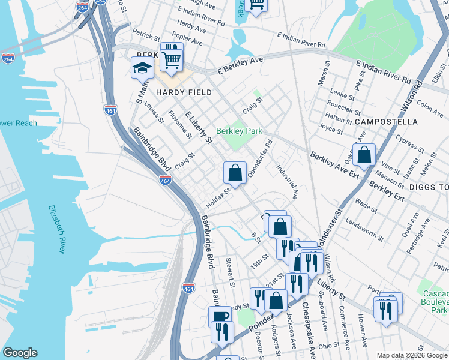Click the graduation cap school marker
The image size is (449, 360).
142,68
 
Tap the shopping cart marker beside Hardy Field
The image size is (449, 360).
172,59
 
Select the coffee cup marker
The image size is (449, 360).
219,316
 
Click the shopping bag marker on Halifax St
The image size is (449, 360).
235,173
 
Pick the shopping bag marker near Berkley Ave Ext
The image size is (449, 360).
364,155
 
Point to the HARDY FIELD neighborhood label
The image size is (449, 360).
184,92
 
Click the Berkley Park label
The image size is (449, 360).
240,131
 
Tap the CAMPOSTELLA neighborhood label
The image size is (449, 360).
386,122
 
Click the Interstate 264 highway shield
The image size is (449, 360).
8,58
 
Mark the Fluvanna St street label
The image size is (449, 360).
180,124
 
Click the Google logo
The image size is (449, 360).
20,353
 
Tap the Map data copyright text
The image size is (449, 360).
411,355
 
